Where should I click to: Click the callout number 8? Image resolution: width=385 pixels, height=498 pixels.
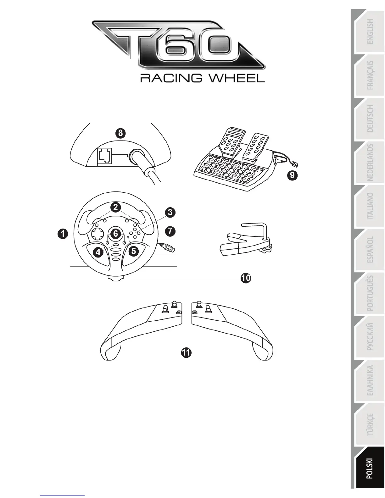(120, 133)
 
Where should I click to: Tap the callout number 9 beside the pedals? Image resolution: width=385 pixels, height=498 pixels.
(292, 175)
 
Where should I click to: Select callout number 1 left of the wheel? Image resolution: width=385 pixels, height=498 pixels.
(63, 234)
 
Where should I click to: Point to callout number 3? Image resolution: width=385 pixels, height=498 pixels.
(170, 212)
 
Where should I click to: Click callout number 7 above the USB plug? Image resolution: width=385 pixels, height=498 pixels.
(170, 231)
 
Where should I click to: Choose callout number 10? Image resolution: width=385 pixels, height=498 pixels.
(246, 278)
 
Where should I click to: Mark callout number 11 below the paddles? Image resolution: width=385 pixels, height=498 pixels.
(186, 352)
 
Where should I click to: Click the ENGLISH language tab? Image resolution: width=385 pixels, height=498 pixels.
(371, 31)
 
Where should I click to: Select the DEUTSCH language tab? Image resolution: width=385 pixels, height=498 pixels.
(371, 119)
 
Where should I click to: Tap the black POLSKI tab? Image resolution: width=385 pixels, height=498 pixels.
(369, 468)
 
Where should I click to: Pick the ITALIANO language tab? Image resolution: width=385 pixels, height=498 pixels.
(371, 206)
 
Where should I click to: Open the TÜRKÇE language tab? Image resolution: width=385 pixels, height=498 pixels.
(371, 424)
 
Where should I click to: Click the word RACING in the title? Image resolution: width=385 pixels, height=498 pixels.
(170, 78)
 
